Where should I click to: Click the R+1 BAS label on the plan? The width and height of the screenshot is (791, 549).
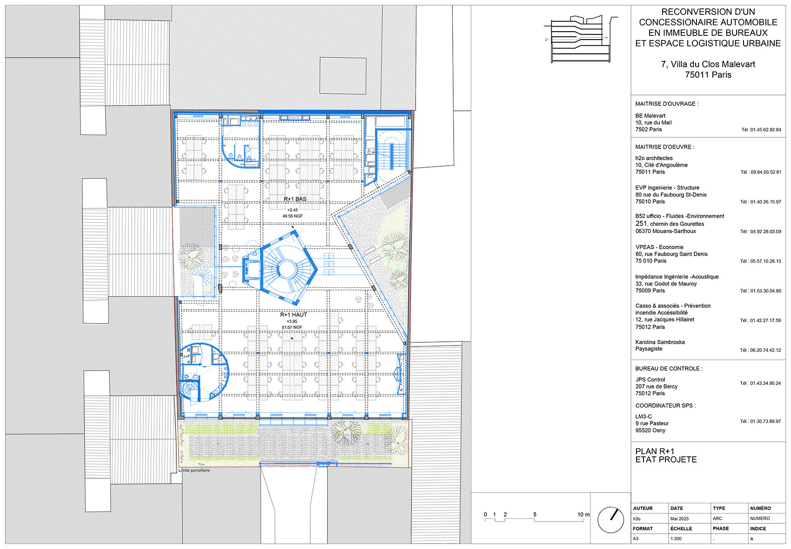(295, 199)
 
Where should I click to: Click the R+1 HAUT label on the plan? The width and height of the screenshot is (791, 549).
(293, 315)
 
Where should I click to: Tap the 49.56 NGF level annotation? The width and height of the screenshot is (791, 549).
(292, 216)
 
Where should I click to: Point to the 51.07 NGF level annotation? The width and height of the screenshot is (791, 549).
(292, 327)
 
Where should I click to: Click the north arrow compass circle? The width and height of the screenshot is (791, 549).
(610, 520)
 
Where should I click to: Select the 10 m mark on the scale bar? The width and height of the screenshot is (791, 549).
(583, 515)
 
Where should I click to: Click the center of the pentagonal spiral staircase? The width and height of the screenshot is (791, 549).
(287, 269)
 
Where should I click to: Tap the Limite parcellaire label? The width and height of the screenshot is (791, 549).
(194, 470)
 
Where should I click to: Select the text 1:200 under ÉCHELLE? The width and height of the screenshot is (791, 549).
(676, 539)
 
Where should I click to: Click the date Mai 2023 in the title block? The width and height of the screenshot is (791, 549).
(679, 519)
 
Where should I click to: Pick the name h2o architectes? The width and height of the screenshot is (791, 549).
(654, 158)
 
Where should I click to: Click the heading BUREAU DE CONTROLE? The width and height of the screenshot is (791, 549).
(669, 368)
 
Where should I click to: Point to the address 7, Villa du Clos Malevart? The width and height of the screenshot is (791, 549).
(708, 64)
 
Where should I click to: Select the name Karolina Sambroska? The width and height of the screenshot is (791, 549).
(660, 342)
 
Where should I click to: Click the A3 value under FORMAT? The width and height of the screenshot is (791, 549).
(636, 539)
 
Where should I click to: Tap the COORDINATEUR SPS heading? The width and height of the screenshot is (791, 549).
(665, 406)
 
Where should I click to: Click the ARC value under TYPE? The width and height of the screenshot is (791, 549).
(717, 519)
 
